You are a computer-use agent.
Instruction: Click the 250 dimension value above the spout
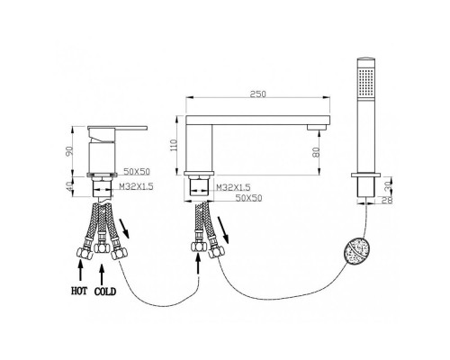point(258,94)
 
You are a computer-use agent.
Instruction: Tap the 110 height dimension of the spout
point(174,146)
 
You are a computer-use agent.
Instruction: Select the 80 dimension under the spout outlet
point(316,152)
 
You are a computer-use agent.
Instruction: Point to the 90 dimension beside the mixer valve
point(70,151)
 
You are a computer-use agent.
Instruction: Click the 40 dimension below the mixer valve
point(70,187)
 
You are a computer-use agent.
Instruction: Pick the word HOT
point(79,291)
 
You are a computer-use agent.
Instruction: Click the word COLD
point(105,292)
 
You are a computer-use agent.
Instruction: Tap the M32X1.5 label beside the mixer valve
point(136,186)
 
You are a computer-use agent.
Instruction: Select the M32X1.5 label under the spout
point(233,187)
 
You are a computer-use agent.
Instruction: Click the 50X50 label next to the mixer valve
point(137,172)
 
